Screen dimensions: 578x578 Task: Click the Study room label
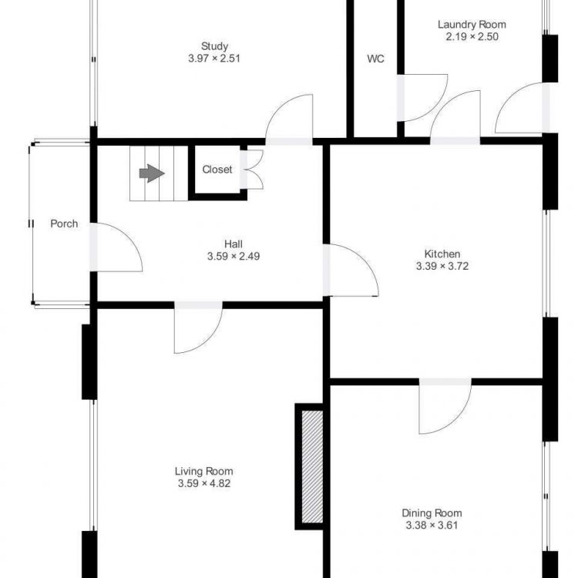(x=214, y=46)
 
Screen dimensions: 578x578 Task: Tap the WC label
(x=375, y=59)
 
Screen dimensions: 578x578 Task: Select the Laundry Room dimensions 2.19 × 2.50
(x=472, y=36)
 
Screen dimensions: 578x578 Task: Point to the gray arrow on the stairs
(x=152, y=173)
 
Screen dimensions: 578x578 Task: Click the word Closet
(x=217, y=170)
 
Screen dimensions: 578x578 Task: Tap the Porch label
(x=64, y=223)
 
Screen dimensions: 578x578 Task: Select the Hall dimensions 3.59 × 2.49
(x=234, y=256)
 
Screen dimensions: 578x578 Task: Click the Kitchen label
(x=442, y=254)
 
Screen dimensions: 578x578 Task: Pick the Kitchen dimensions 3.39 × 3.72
(x=442, y=266)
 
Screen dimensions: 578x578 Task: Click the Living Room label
(x=204, y=471)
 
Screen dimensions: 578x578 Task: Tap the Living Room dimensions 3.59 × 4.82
(x=204, y=483)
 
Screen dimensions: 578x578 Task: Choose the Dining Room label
(x=432, y=513)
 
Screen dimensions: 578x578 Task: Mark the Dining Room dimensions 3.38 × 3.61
(x=432, y=526)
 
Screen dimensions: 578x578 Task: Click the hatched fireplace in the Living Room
(x=312, y=467)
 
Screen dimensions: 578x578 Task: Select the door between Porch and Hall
(x=116, y=247)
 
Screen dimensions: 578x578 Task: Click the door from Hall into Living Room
(x=198, y=328)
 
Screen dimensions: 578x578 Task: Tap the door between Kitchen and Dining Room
(x=445, y=406)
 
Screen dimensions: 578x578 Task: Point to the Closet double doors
(x=253, y=170)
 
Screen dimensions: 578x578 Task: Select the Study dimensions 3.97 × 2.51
(x=214, y=59)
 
